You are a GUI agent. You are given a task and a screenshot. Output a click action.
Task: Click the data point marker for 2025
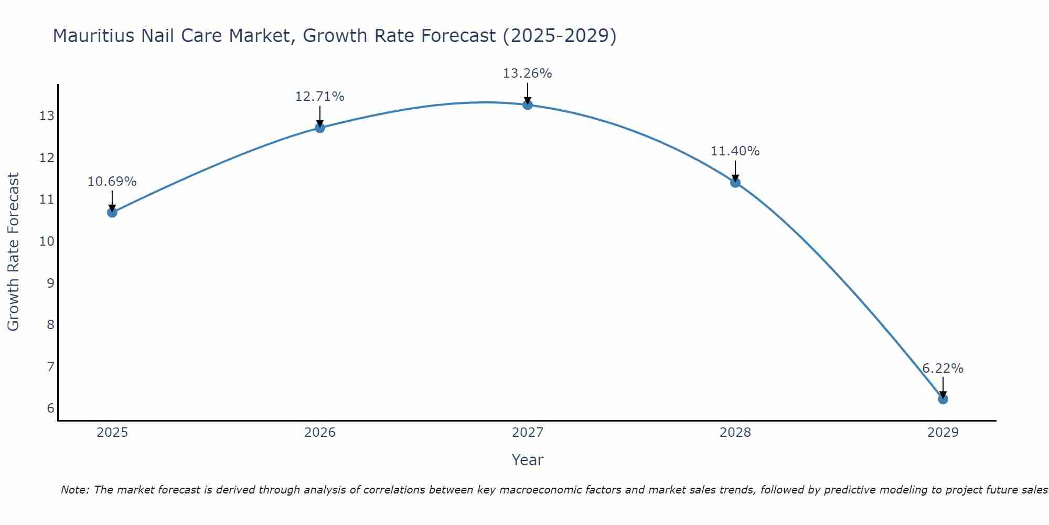112,212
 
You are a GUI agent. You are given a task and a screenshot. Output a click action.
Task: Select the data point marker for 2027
527,105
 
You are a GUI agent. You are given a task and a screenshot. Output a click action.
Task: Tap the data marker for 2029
943,399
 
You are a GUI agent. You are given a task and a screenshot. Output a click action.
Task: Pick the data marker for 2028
735,182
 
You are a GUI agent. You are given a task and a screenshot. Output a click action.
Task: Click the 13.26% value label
527,73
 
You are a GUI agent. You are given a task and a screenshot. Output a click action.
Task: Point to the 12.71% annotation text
319,97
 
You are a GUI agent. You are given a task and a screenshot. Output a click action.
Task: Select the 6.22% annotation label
943,369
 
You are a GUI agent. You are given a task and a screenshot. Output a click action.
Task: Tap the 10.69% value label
112,182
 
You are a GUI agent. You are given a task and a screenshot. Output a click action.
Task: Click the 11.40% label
735,151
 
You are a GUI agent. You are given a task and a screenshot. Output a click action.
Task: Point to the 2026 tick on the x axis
320,433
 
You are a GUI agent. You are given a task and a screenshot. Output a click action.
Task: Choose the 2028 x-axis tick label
735,433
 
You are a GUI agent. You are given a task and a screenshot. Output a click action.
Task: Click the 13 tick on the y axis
47,116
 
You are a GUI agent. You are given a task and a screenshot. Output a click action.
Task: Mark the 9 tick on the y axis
50,283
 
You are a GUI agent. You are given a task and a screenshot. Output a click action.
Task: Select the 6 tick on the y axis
50,408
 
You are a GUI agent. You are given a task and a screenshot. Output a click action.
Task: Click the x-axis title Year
527,460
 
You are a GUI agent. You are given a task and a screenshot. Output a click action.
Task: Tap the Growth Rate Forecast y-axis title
13,252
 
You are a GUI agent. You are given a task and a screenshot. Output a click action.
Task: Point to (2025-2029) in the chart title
559,36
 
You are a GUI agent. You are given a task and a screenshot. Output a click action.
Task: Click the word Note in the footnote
75,490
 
